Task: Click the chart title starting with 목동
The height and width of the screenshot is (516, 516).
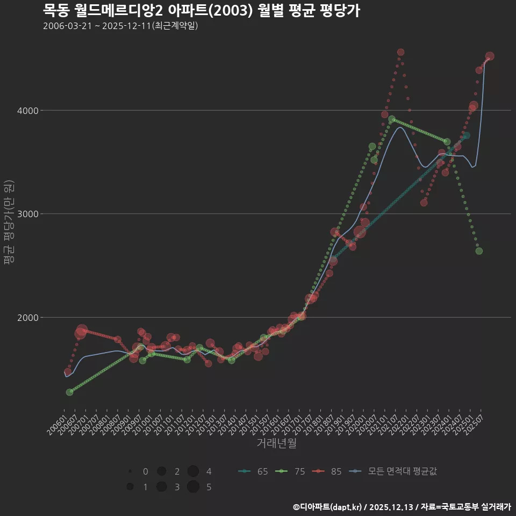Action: (x=201, y=10)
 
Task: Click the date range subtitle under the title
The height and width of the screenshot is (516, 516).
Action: (x=120, y=26)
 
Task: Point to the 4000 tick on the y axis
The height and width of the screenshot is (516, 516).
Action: (x=28, y=111)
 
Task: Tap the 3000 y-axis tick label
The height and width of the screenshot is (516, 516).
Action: (x=28, y=214)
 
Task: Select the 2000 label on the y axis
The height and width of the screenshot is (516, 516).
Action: (x=28, y=317)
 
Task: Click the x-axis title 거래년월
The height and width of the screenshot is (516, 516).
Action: (x=276, y=443)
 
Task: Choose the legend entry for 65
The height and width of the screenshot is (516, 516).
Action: (x=253, y=471)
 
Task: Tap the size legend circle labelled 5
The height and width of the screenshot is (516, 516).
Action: (x=193, y=487)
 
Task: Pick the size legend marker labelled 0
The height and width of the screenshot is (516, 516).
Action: (x=130, y=471)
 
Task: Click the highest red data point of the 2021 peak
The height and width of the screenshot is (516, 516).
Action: (x=400, y=52)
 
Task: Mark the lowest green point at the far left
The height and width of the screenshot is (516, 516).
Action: (x=69, y=392)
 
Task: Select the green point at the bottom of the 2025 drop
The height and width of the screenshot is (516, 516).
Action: (x=479, y=251)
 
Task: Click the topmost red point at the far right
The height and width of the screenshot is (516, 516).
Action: (x=490, y=56)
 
